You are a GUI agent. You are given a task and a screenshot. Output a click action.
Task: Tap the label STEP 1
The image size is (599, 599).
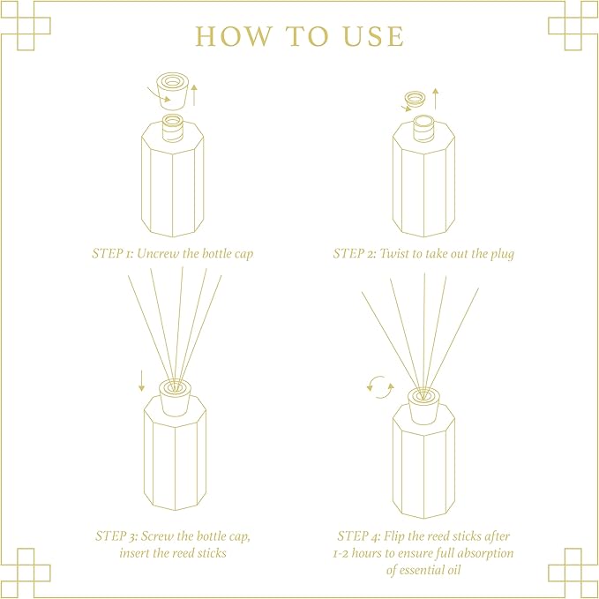(x=113, y=253)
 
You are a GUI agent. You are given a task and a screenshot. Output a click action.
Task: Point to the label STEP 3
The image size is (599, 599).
(x=116, y=535)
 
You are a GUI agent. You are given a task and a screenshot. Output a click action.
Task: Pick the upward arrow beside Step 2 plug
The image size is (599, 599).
(x=435, y=98)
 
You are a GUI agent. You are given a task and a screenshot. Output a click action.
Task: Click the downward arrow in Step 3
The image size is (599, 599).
(x=140, y=381)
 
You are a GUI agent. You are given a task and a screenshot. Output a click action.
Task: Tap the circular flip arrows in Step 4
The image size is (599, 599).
(x=379, y=386)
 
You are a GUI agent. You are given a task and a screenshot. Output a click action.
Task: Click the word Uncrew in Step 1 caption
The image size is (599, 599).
(x=159, y=253)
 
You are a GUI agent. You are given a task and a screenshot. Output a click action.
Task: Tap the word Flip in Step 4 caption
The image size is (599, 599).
(x=401, y=535)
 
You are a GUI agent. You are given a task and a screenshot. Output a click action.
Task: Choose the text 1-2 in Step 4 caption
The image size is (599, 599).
(x=344, y=553)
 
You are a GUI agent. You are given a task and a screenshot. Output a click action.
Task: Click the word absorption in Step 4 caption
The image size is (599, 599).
(x=484, y=553)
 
